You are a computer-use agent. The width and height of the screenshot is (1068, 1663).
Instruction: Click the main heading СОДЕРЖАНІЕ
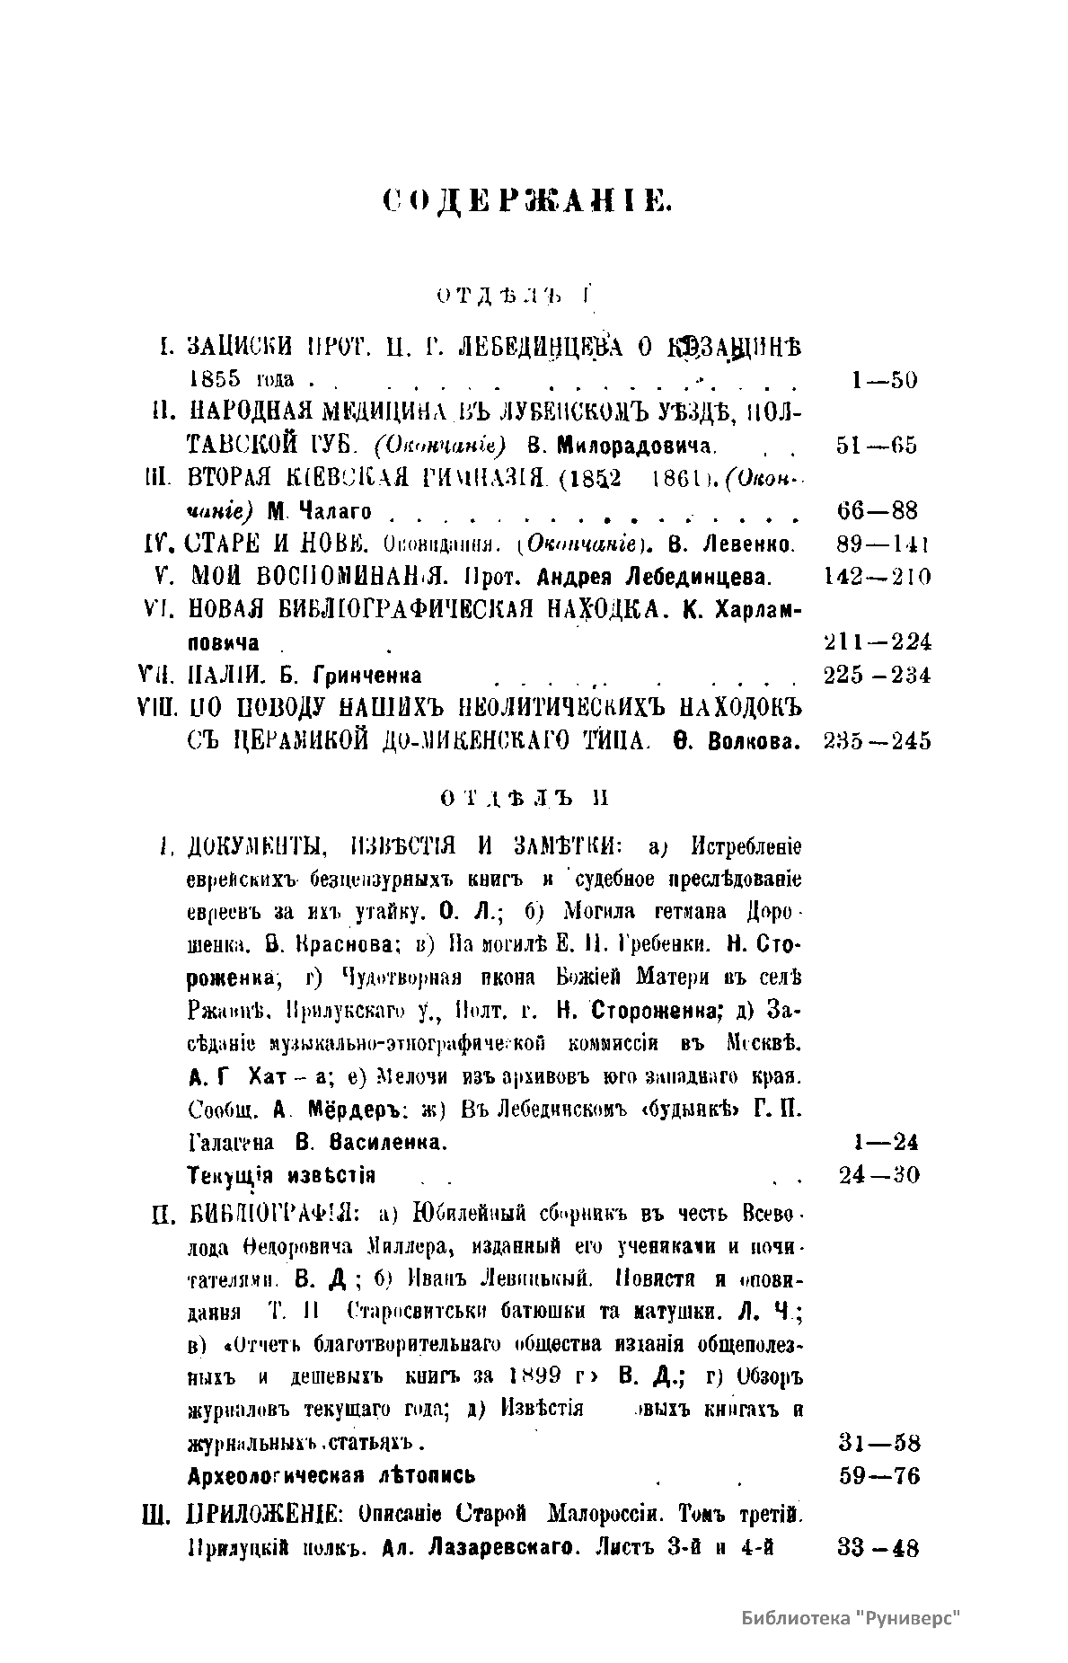pos(527,200)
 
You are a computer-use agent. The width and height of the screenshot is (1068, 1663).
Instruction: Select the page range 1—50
pos(884,380)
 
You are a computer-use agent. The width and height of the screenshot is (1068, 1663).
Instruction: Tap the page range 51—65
pos(876,446)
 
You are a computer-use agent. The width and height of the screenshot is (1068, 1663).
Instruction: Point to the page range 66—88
pos(877,511)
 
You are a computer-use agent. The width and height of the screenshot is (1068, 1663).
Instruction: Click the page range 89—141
pos(877,544)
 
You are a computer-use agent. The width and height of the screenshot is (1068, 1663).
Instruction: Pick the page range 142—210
pos(876,577)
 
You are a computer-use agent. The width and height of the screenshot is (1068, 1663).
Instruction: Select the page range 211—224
pos(877,641)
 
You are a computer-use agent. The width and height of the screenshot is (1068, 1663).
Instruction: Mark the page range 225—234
pos(877,675)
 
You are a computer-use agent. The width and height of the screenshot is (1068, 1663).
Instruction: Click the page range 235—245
pos(877,740)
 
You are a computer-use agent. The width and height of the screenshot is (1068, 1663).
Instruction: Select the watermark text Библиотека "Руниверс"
pos(852,1618)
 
